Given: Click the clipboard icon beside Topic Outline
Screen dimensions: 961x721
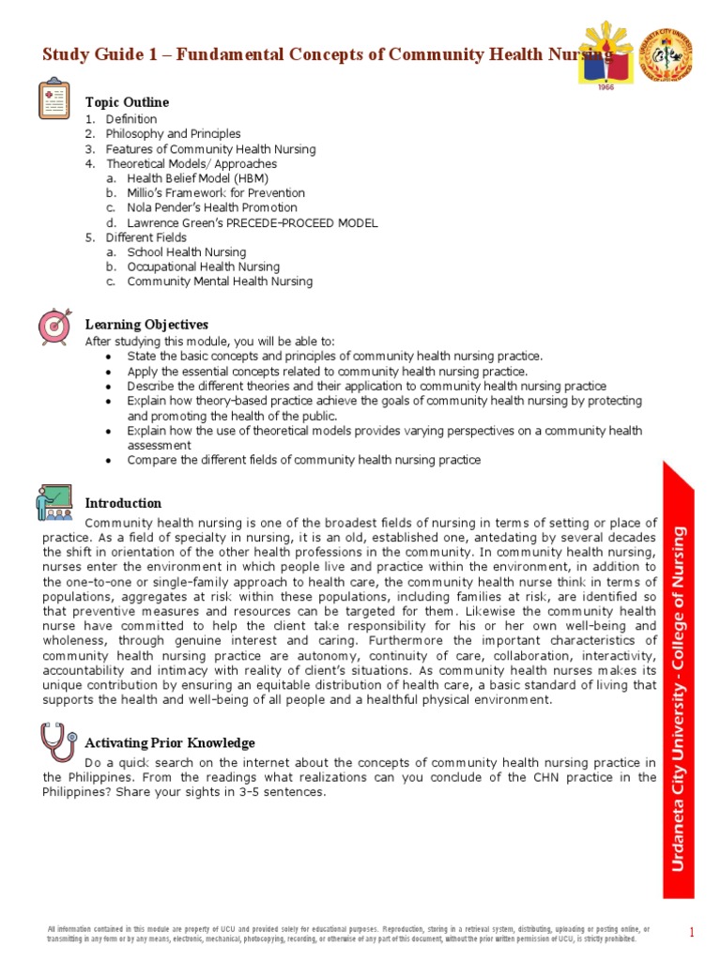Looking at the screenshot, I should pyautogui.click(x=54, y=99).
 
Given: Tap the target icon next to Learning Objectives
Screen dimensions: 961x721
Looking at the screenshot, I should pyautogui.click(x=54, y=325).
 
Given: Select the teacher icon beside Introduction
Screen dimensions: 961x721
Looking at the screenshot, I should pyautogui.click(x=54, y=502).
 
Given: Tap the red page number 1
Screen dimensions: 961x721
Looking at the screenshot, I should pyautogui.click(x=691, y=932).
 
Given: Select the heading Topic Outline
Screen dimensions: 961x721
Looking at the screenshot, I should pyautogui.click(x=127, y=101).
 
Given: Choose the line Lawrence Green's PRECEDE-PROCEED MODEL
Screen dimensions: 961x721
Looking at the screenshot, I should pyautogui.click(x=252, y=223).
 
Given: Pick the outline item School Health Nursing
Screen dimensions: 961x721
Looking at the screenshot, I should pyautogui.click(x=187, y=252).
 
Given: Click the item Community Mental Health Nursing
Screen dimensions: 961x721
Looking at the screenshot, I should pyautogui.click(x=220, y=282).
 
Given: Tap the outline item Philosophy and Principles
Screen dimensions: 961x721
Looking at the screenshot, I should pyautogui.click(x=173, y=134).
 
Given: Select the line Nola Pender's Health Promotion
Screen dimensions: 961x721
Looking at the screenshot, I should pyautogui.click(x=212, y=208).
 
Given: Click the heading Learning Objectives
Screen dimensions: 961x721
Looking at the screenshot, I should pyautogui.click(x=146, y=325).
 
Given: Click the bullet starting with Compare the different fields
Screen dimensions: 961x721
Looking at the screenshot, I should pyautogui.click(x=303, y=460).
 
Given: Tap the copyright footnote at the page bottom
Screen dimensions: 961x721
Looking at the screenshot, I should pyautogui.click(x=347, y=933).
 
